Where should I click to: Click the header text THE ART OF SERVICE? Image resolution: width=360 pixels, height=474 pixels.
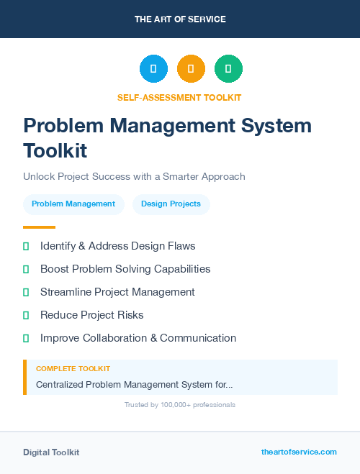tap(180, 19)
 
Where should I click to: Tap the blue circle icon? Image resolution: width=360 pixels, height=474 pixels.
tap(153, 69)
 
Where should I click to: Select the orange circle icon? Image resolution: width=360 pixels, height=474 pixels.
tap(191, 69)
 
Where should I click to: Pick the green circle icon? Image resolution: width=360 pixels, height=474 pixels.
tap(228, 69)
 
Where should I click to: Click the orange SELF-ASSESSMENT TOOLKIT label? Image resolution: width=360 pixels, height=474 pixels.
tap(179, 97)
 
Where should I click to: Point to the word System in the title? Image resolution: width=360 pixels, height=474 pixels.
tap(276, 126)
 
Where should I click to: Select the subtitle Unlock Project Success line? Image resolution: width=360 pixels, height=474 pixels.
tap(134, 176)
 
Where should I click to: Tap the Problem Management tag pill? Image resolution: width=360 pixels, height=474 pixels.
tap(73, 204)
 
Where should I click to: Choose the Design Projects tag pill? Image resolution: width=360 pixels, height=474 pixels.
tap(171, 204)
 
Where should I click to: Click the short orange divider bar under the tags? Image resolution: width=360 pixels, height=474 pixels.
tap(39, 227)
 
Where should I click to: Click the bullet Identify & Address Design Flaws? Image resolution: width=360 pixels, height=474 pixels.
tap(117, 246)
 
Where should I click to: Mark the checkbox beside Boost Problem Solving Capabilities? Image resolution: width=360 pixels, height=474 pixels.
tap(26, 269)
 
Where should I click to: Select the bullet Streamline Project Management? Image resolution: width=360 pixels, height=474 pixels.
tap(117, 292)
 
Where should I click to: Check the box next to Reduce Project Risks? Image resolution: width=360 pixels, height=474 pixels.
tap(26, 315)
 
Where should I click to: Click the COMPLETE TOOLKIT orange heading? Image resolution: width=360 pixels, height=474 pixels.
tap(73, 369)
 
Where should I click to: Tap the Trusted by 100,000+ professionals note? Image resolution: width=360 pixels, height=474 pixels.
tap(180, 405)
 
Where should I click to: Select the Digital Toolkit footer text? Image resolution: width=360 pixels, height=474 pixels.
tap(51, 452)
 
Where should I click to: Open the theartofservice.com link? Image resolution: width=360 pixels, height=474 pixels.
tap(299, 452)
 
